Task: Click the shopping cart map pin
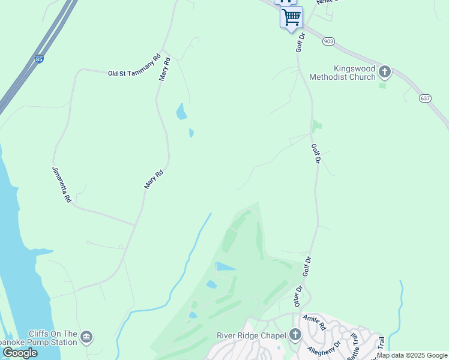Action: point(291,17)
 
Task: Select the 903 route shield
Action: point(328,41)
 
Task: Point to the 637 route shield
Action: point(426,98)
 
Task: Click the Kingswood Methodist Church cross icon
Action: point(385,73)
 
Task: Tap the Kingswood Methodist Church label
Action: point(342,73)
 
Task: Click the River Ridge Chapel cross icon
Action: point(295,335)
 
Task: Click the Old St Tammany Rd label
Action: point(134,73)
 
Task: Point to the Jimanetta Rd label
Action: point(62,184)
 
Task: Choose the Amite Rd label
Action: point(314,322)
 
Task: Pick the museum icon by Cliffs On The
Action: point(86,337)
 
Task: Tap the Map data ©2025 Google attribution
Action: point(412,355)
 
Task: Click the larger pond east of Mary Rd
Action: point(181,112)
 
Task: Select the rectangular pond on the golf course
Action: point(226,266)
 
